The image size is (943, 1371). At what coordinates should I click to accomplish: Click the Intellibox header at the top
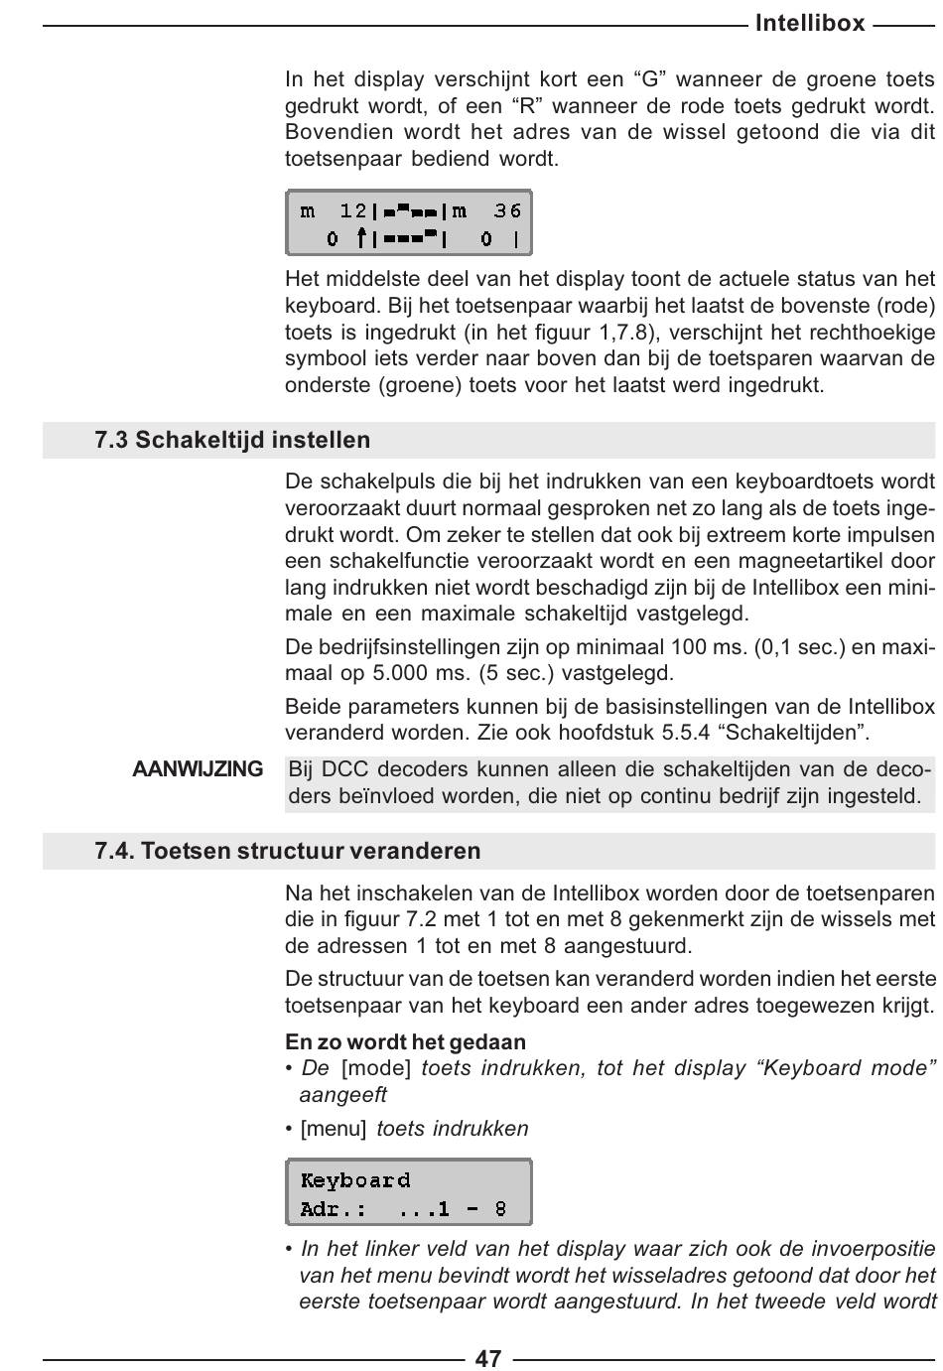tap(809, 23)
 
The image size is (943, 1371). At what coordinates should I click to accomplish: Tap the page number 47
tap(488, 1357)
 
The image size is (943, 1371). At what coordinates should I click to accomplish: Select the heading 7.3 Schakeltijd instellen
tap(232, 440)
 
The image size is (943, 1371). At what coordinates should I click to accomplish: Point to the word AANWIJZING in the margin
tap(198, 769)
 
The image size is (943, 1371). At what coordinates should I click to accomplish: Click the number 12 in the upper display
tap(352, 210)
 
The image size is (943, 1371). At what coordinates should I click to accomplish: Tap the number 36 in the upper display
tap(507, 210)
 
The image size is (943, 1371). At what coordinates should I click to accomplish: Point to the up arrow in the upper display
tap(363, 238)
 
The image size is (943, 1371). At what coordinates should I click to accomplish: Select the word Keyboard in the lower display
tap(355, 1180)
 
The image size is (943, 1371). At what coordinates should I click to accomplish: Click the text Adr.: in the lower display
tap(333, 1209)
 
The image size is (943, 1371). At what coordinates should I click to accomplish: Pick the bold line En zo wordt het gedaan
tap(405, 1042)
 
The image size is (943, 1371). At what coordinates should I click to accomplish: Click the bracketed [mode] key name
tap(375, 1069)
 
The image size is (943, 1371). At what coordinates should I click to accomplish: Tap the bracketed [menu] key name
tap(333, 1129)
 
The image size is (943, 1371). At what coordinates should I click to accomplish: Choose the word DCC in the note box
tap(345, 769)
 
